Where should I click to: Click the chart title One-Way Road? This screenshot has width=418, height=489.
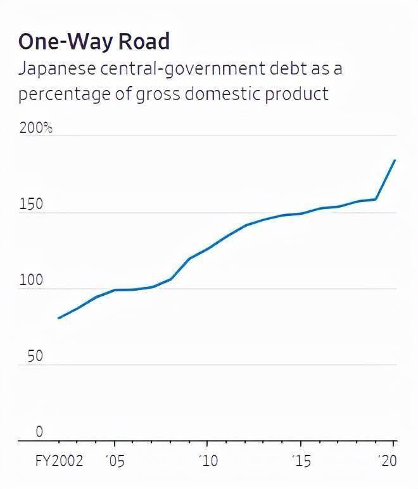tap(94, 41)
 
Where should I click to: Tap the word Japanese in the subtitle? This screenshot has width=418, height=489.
tap(54, 69)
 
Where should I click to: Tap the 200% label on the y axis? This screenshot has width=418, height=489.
tap(35, 129)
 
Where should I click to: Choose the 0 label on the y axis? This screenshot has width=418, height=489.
tap(39, 433)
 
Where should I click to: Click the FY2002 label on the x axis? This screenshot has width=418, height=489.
tap(59, 461)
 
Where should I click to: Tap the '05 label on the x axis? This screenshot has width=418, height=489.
tap(115, 461)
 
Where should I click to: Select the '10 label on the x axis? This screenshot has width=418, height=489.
tap(208, 461)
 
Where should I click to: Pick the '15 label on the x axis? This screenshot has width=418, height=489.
tap(301, 461)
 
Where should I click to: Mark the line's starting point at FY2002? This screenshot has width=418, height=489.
tap(58, 318)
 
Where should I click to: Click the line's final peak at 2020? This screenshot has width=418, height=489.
tap(395, 160)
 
